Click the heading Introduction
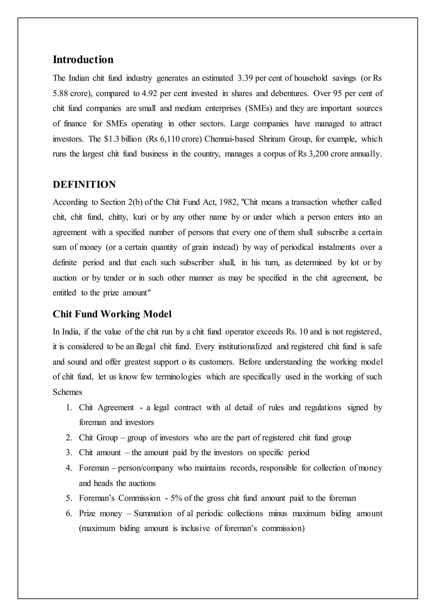pyautogui.click(x=83, y=60)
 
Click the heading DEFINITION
pyautogui.click(x=84, y=185)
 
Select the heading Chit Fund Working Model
pyautogui.click(x=112, y=314)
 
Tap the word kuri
pyautogui.click(x=140, y=217)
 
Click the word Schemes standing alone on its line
pyautogui.click(x=68, y=392)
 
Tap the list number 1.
pyautogui.click(x=69, y=408)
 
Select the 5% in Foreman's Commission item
pyautogui.click(x=176, y=498)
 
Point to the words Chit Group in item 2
pyautogui.click(x=98, y=438)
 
